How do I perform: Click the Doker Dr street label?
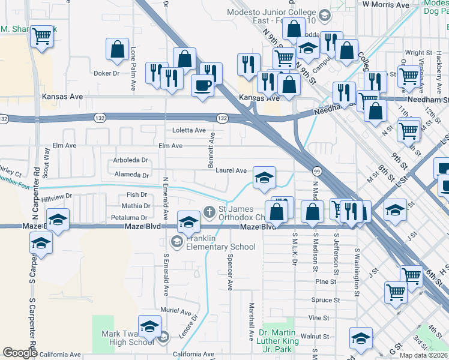(x=107, y=73)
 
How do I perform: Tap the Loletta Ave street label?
(x=189, y=130)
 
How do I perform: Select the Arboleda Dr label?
(x=130, y=160)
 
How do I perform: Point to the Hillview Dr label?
(x=56, y=196)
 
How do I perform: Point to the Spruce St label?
(x=325, y=300)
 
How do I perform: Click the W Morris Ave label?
(x=386, y=4)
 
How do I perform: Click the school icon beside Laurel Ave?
(x=264, y=178)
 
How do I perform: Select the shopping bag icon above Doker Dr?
(x=118, y=49)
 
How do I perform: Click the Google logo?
(x=20, y=353)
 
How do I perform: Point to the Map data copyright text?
(x=423, y=355)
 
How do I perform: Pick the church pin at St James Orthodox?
(x=209, y=211)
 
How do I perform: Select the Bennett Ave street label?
(x=212, y=150)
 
